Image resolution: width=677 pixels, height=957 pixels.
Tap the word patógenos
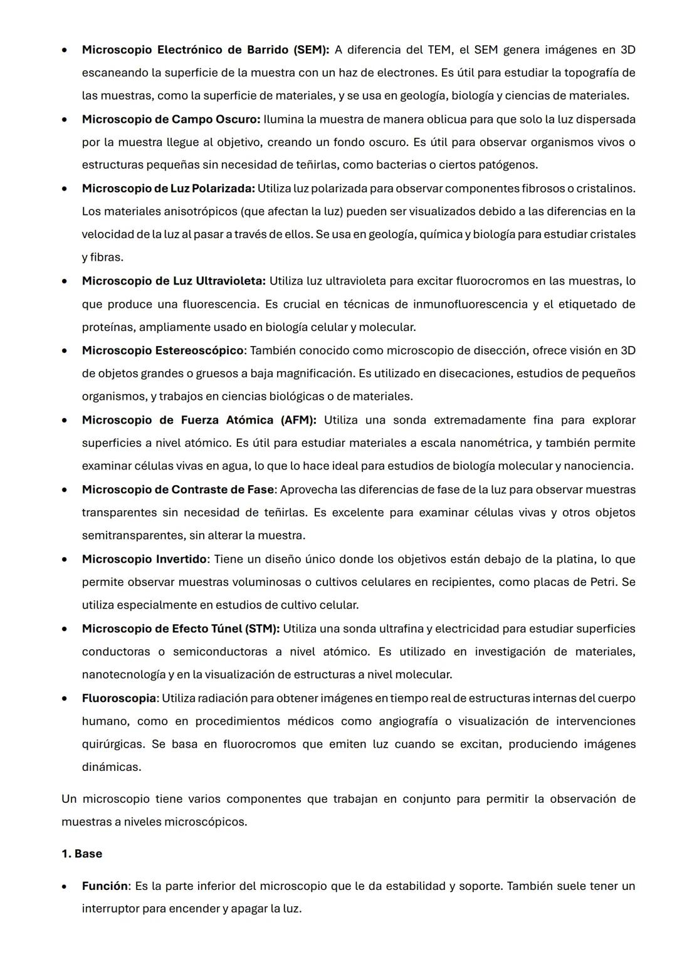point(507,165)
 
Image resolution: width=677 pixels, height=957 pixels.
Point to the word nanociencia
point(603,466)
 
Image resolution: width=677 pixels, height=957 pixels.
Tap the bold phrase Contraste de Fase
point(223,489)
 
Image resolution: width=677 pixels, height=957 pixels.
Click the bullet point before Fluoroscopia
point(65,698)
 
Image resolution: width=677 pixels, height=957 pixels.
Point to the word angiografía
point(407,721)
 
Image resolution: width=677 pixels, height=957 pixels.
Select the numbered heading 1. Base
point(81,854)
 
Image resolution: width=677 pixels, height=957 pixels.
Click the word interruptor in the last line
point(110,909)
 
